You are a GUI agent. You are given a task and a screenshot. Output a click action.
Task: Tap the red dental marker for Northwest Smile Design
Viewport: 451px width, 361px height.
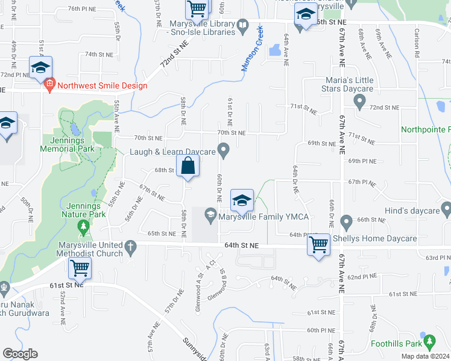point(49,85)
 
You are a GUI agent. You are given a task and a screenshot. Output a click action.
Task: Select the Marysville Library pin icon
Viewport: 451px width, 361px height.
point(242,25)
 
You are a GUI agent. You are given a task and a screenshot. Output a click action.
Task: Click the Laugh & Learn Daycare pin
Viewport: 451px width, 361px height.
point(224,149)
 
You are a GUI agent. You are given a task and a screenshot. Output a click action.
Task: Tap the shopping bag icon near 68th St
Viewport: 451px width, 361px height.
point(188,165)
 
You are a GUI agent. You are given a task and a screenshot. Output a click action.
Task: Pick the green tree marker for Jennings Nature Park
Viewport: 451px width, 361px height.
point(84,227)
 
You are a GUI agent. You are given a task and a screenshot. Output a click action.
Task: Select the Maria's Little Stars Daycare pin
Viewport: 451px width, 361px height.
point(360,103)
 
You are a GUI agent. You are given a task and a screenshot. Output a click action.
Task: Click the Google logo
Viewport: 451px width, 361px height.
point(20,354)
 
